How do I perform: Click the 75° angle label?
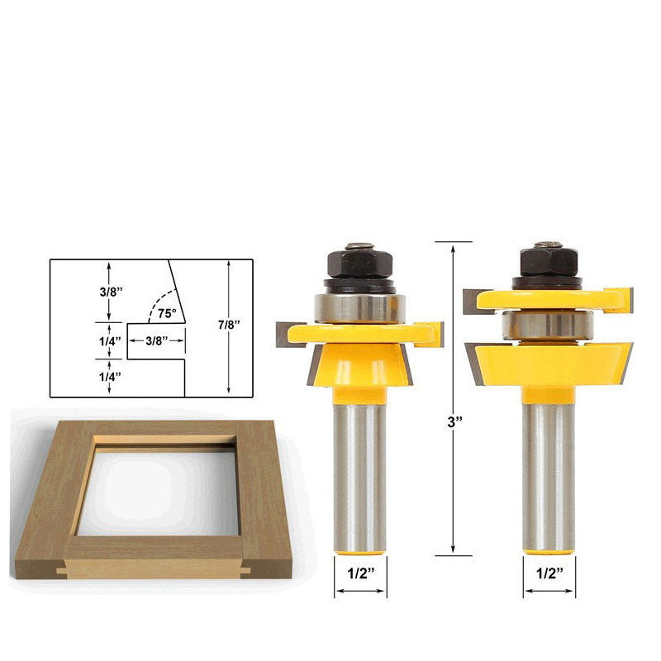pyautogui.click(x=167, y=313)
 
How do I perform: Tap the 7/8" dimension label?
pyautogui.click(x=229, y=325)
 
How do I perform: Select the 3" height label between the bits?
pyautogui.click(x=455, y=421)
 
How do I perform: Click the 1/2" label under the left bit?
pyautogui.click(x=361, y=573)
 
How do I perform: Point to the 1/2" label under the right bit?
pyautogui.click(x=549, y=573)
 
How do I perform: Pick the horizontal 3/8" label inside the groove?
pyautogui.click(x=157, y=340)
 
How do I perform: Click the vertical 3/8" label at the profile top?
pyautogui.click(x=111, y=292)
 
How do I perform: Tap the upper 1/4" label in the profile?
pyautogui.click(x=110, y=341)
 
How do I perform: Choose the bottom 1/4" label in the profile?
pyautogui.click(x=110, y=377)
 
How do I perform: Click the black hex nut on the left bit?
pyautogui.click(x=360, y=262)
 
